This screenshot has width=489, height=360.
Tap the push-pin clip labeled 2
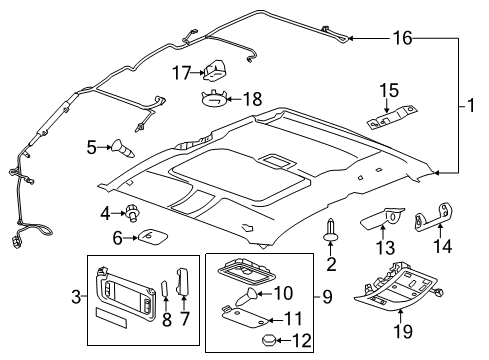click(x=331, y=232)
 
